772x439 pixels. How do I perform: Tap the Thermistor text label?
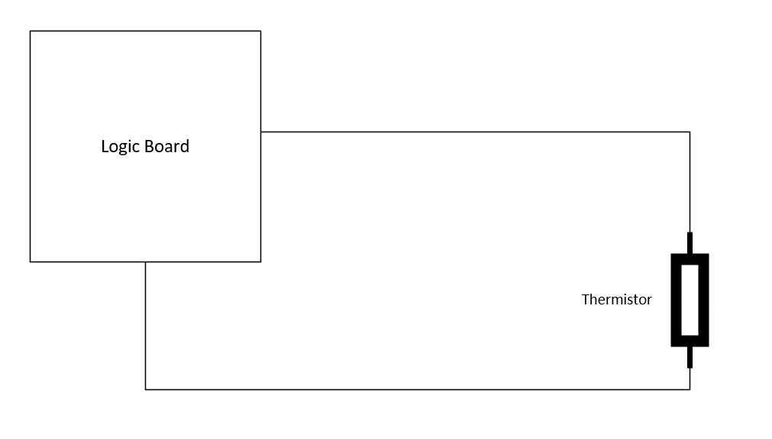(x=616, y=299)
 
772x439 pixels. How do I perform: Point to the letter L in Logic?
(x=105, y=146)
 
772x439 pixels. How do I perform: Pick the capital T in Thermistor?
(x=586, y=299)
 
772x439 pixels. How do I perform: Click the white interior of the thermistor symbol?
(x=690, y=300)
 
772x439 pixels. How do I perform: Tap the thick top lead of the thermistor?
(x=690, y=243)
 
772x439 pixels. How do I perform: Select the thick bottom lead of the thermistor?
(x=690, y=357)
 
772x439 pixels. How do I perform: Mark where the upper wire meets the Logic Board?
(x=261, y=132)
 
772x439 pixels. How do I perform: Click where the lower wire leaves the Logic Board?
(x=145, y=262)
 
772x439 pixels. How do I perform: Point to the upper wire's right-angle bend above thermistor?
(x=690, y=132)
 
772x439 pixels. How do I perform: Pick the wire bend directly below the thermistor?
(x=690, y=389)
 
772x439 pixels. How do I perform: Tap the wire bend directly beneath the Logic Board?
(x=145, y=389)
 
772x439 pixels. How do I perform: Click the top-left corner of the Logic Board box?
(x=30, y=31)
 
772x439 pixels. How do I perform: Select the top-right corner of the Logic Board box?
(x=261, y=31)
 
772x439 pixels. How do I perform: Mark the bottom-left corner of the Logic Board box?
(x=30, y=262)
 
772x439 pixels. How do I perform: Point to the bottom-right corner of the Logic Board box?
(x=261, y=262)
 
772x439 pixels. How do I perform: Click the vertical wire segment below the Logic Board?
(x=145, y=326)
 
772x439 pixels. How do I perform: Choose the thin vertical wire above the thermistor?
(x=690, y=182)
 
